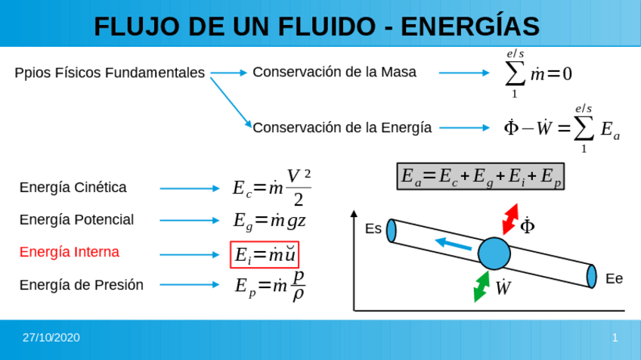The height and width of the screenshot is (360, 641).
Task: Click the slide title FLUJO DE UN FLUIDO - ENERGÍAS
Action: click(317, 26)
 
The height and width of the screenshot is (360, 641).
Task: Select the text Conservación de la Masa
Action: click(334, 72)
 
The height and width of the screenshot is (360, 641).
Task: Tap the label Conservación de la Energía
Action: click(342, 127)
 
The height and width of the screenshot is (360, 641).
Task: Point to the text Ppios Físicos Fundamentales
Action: click(110, 73)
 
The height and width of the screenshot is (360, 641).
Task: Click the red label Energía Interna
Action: click(70, 252)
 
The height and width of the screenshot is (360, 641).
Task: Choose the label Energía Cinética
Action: click(73, 188)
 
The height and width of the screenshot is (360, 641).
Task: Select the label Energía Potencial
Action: click(76, 219)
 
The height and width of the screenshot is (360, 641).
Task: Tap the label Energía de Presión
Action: click(81, 284)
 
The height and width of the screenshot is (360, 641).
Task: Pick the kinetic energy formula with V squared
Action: click(271, 188)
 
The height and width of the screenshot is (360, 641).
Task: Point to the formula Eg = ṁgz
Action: click(269, 220)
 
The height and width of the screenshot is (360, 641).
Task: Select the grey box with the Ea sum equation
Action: click(481, 176)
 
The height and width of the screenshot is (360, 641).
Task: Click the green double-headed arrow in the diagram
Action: click(482, 286)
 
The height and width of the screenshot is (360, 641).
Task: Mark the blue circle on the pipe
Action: click(495, 253)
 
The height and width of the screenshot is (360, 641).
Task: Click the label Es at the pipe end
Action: click(373, 228)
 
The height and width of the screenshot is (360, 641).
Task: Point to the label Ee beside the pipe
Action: click(614, 278)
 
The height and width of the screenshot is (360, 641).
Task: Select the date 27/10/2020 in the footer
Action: click(51, 337)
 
